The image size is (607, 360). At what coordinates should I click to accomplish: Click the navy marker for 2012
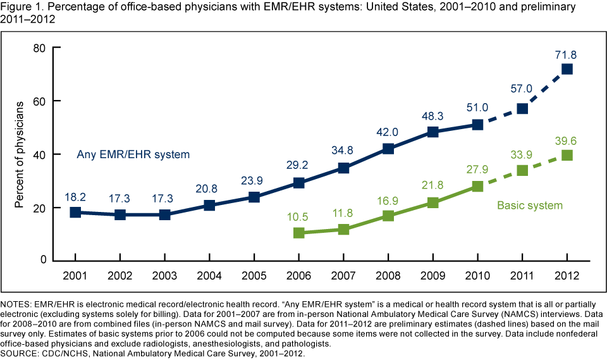[567, 69]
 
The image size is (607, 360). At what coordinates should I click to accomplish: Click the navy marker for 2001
[75, 212]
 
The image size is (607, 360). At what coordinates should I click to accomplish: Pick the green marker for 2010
[477, 186]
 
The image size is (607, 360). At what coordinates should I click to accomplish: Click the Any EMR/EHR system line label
[133, 154]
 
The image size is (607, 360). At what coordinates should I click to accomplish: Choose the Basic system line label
[530, 205]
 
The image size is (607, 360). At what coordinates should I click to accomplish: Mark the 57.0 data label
[522, 89]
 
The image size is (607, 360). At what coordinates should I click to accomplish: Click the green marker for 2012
[567, 155]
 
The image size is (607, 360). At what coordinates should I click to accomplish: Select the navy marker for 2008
[388, 149]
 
